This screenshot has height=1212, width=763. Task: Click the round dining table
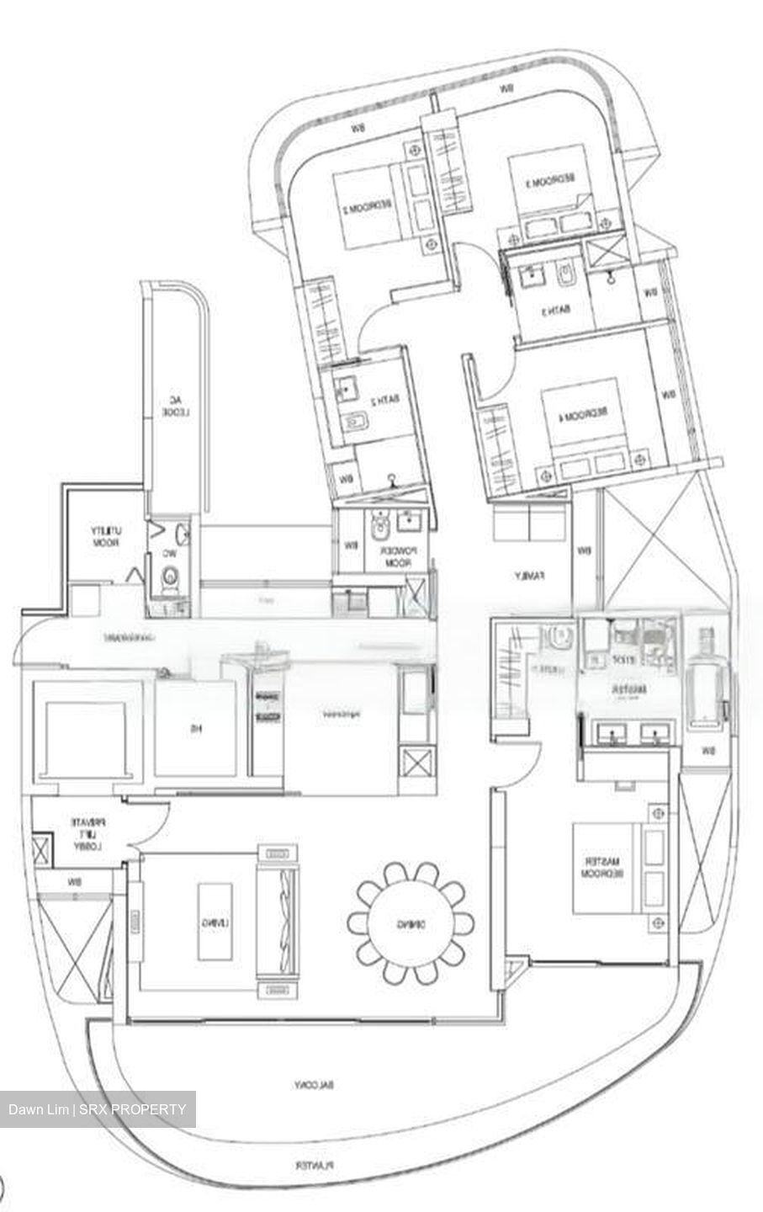coord(410,923)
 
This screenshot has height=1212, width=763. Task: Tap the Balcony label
coord(315,1085)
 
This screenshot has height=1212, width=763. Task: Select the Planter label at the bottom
coord(315,1166)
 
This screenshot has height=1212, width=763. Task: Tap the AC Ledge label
coord(174,407)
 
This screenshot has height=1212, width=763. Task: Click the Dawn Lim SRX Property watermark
coord(98,1109)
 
